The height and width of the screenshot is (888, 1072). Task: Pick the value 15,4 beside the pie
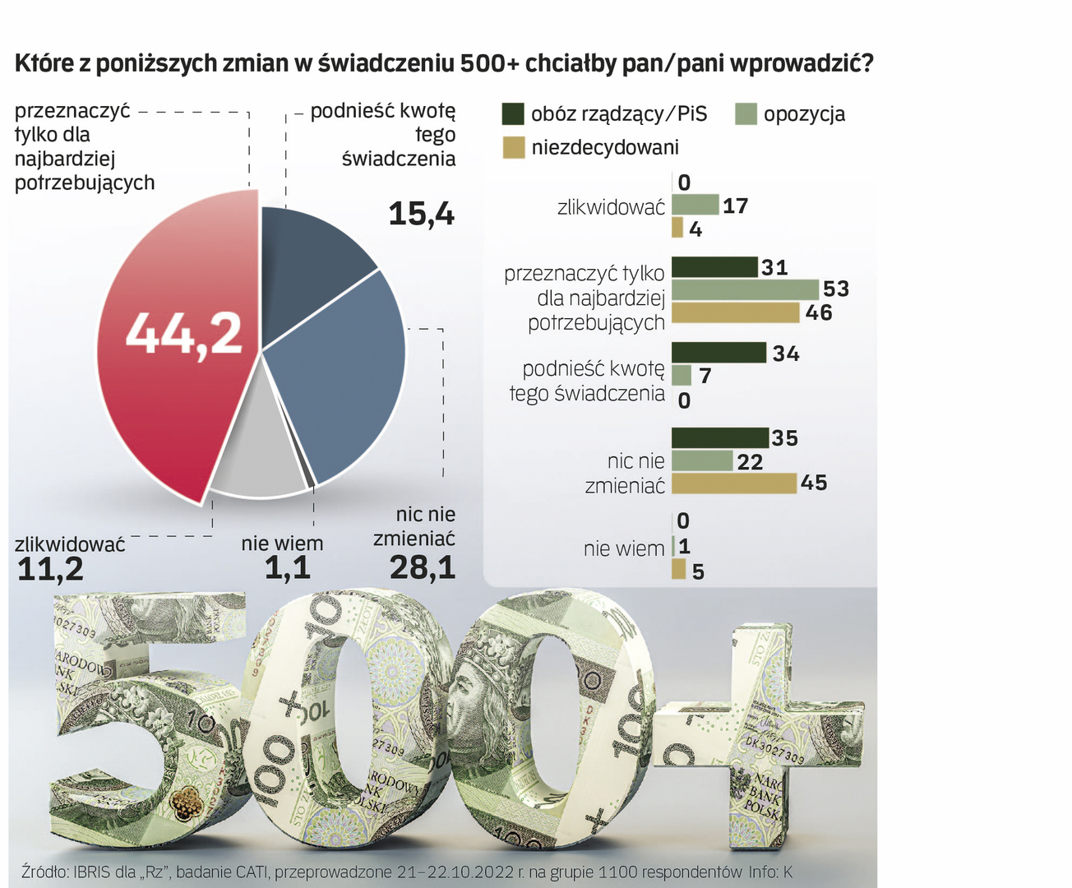421,215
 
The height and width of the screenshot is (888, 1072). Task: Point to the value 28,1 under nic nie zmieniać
423,568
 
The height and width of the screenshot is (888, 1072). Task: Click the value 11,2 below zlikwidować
50,569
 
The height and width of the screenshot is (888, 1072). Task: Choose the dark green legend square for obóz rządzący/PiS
513,113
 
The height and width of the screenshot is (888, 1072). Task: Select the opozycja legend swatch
746,113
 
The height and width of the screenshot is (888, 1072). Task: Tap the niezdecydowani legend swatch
513,147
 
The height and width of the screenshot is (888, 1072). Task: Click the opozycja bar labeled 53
745,289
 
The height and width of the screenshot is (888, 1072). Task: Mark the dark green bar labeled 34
719,353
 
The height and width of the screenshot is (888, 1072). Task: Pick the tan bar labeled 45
734,483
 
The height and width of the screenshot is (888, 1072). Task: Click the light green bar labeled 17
695,205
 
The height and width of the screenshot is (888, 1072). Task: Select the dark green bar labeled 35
720,438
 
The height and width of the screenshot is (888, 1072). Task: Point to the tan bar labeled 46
735,312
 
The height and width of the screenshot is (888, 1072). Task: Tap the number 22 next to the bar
750,462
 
